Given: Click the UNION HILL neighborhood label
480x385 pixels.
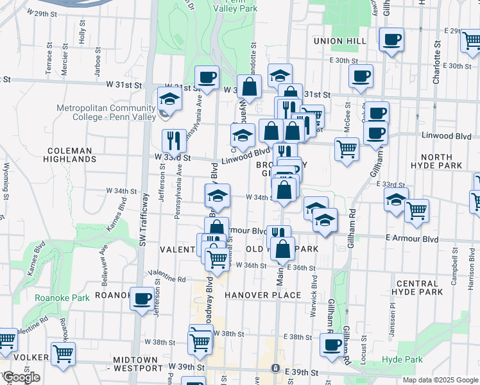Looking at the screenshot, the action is click(x=339, y=41).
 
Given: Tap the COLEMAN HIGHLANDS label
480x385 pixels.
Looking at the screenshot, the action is click(x=71, y=154).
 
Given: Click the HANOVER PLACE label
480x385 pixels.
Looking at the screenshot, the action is click(x=262, y=295).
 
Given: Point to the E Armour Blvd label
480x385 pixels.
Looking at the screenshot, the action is click(x=412, y=239).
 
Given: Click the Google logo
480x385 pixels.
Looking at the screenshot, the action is click(x=21, y=377).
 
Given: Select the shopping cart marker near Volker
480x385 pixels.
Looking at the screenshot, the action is click(x=63, y=352).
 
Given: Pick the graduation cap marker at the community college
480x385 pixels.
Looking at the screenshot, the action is click(x=169, y=99).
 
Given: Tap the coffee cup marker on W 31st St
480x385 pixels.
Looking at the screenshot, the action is click(x=207, y=78).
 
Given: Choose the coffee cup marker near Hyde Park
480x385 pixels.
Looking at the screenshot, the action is click(x=332, y=345).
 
